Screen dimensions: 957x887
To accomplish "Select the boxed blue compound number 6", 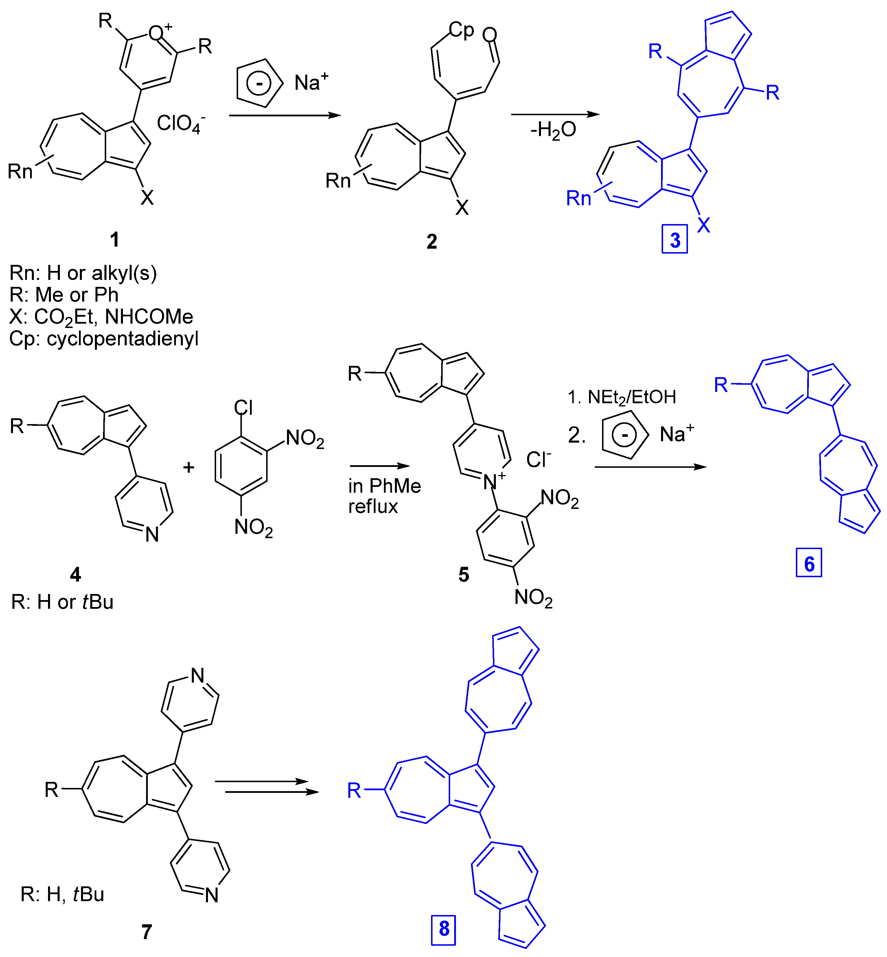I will click(x=809, y=563).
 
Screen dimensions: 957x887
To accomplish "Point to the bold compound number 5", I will click(x=463, y=574).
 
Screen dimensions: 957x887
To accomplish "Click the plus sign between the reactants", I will click(x=189, y=467).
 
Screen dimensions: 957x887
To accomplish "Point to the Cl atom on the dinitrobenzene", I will click(x=243, y=408).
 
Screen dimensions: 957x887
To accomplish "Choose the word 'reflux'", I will click(x=373, y=507).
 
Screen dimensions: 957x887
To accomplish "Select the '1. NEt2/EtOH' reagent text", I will click(x=622, y=397).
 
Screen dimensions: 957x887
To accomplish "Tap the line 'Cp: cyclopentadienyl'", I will click(x=104, y=339).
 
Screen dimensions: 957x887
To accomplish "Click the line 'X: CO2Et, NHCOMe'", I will click(x=101, y=317).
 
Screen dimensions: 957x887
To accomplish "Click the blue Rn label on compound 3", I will click(x=578, y=198).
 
